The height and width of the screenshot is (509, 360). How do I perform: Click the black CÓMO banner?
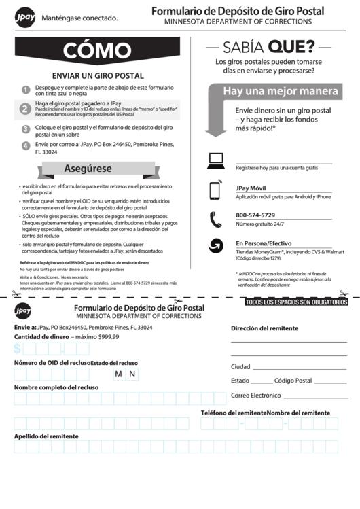(97, 52)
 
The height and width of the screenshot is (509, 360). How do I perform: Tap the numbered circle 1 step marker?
(25, 90)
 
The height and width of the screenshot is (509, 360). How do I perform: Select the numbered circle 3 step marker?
(25, 128)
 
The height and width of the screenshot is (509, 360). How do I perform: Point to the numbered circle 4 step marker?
(25, 145)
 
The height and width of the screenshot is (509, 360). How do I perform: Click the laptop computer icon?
(215, 160)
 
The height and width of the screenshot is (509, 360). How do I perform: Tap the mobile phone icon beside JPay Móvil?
(215, 190)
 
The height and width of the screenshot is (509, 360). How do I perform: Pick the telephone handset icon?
(215, 219)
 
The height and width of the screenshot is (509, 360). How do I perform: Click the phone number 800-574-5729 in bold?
(255, 215)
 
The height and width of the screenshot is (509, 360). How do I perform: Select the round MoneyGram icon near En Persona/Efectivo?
(215, 246)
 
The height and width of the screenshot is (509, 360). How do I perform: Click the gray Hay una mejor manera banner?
(280, 91)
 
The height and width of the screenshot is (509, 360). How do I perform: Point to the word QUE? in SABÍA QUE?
(291, 47)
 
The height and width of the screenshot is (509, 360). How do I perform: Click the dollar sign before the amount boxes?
(17, 349)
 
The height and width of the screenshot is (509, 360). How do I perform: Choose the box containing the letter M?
(118, 374)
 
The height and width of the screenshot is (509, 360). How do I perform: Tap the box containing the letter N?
(132, 374)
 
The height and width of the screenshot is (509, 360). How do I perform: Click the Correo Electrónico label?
(255, 395)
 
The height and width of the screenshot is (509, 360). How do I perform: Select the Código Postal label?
(293, 381)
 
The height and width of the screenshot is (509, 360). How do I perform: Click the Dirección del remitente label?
(264, 328)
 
